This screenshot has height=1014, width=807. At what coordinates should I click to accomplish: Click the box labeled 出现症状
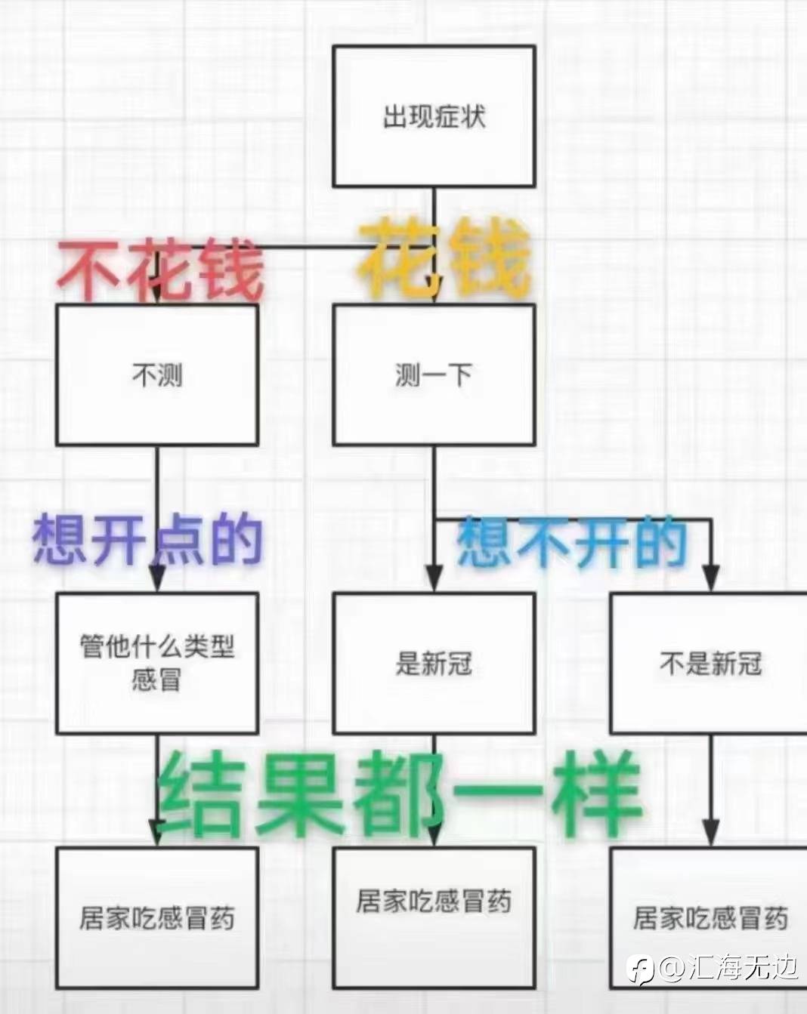434,116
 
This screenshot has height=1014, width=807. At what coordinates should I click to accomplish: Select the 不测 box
157,375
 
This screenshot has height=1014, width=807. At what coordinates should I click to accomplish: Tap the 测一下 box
434,375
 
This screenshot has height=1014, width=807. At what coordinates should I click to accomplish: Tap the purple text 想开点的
147,541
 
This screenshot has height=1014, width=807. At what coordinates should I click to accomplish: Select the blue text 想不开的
571,542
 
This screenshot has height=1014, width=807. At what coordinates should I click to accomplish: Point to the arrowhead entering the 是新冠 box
434,578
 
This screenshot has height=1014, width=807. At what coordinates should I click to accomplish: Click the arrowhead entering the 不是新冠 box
711,578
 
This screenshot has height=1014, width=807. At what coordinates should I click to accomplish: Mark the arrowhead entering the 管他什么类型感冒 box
157,578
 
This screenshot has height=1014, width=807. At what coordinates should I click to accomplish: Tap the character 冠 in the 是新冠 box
459,664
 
